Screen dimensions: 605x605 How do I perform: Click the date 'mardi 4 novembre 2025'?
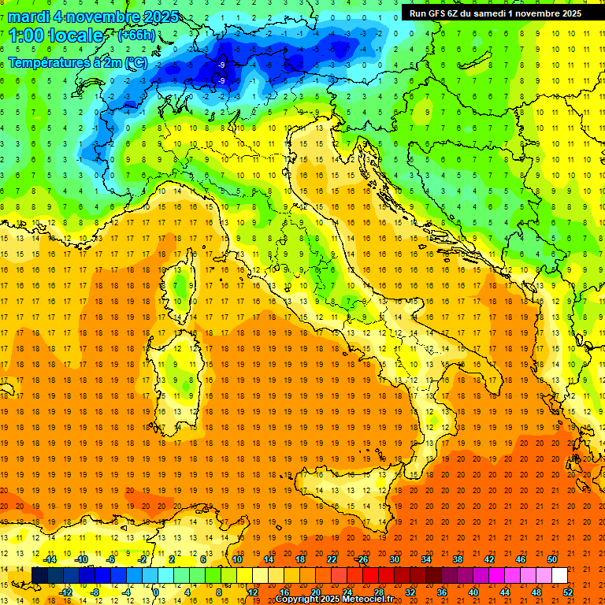point(94,17)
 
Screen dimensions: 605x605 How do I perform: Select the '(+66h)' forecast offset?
point(136,35)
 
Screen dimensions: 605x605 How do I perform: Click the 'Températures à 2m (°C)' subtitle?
point(77,62)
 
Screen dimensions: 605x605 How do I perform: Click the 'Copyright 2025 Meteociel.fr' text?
point(334,599)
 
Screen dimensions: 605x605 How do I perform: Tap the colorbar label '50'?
point(551,559)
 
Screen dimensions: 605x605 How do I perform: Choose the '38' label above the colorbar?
point(457,559)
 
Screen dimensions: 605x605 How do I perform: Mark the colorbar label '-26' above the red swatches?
point(362,559)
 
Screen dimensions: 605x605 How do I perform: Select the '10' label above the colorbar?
point(236,559)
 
